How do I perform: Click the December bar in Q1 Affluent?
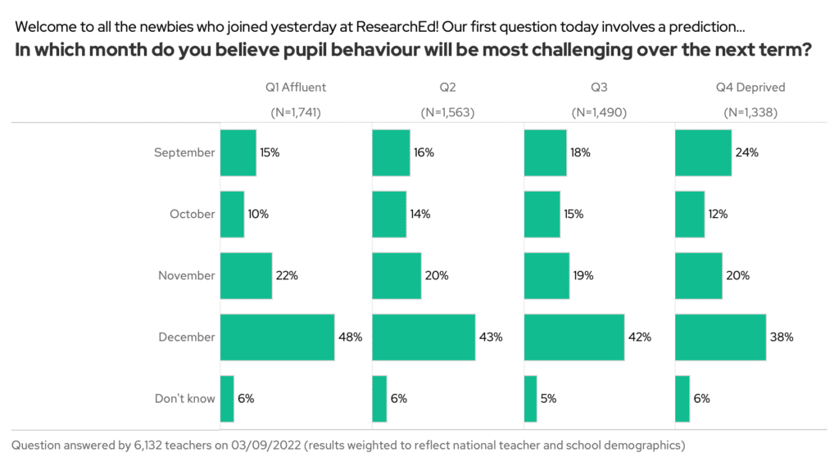click(x=277, y=337)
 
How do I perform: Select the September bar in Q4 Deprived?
click(x=703, y=152)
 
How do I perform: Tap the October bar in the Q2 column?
click(x=389, y=214)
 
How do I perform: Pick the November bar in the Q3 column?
click(x=546, y=275)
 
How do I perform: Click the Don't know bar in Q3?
click(x=530, y=399)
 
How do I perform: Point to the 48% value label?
click(x=350, y=337)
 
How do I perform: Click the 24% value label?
click(x=747, y=152)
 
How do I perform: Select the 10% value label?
click(x=259, y=214)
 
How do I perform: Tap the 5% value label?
click(x=549, y=399)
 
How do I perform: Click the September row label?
click(x=184, y=152)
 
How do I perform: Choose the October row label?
click(x=192, y=214)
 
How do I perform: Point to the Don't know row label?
click(x=184, y=399)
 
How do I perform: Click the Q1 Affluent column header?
click(x=296, y=87)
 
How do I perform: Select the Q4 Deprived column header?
click(x=751, y=87)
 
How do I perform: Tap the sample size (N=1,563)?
click(x=447, y=112)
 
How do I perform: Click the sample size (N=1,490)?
click(x=599, y=112)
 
